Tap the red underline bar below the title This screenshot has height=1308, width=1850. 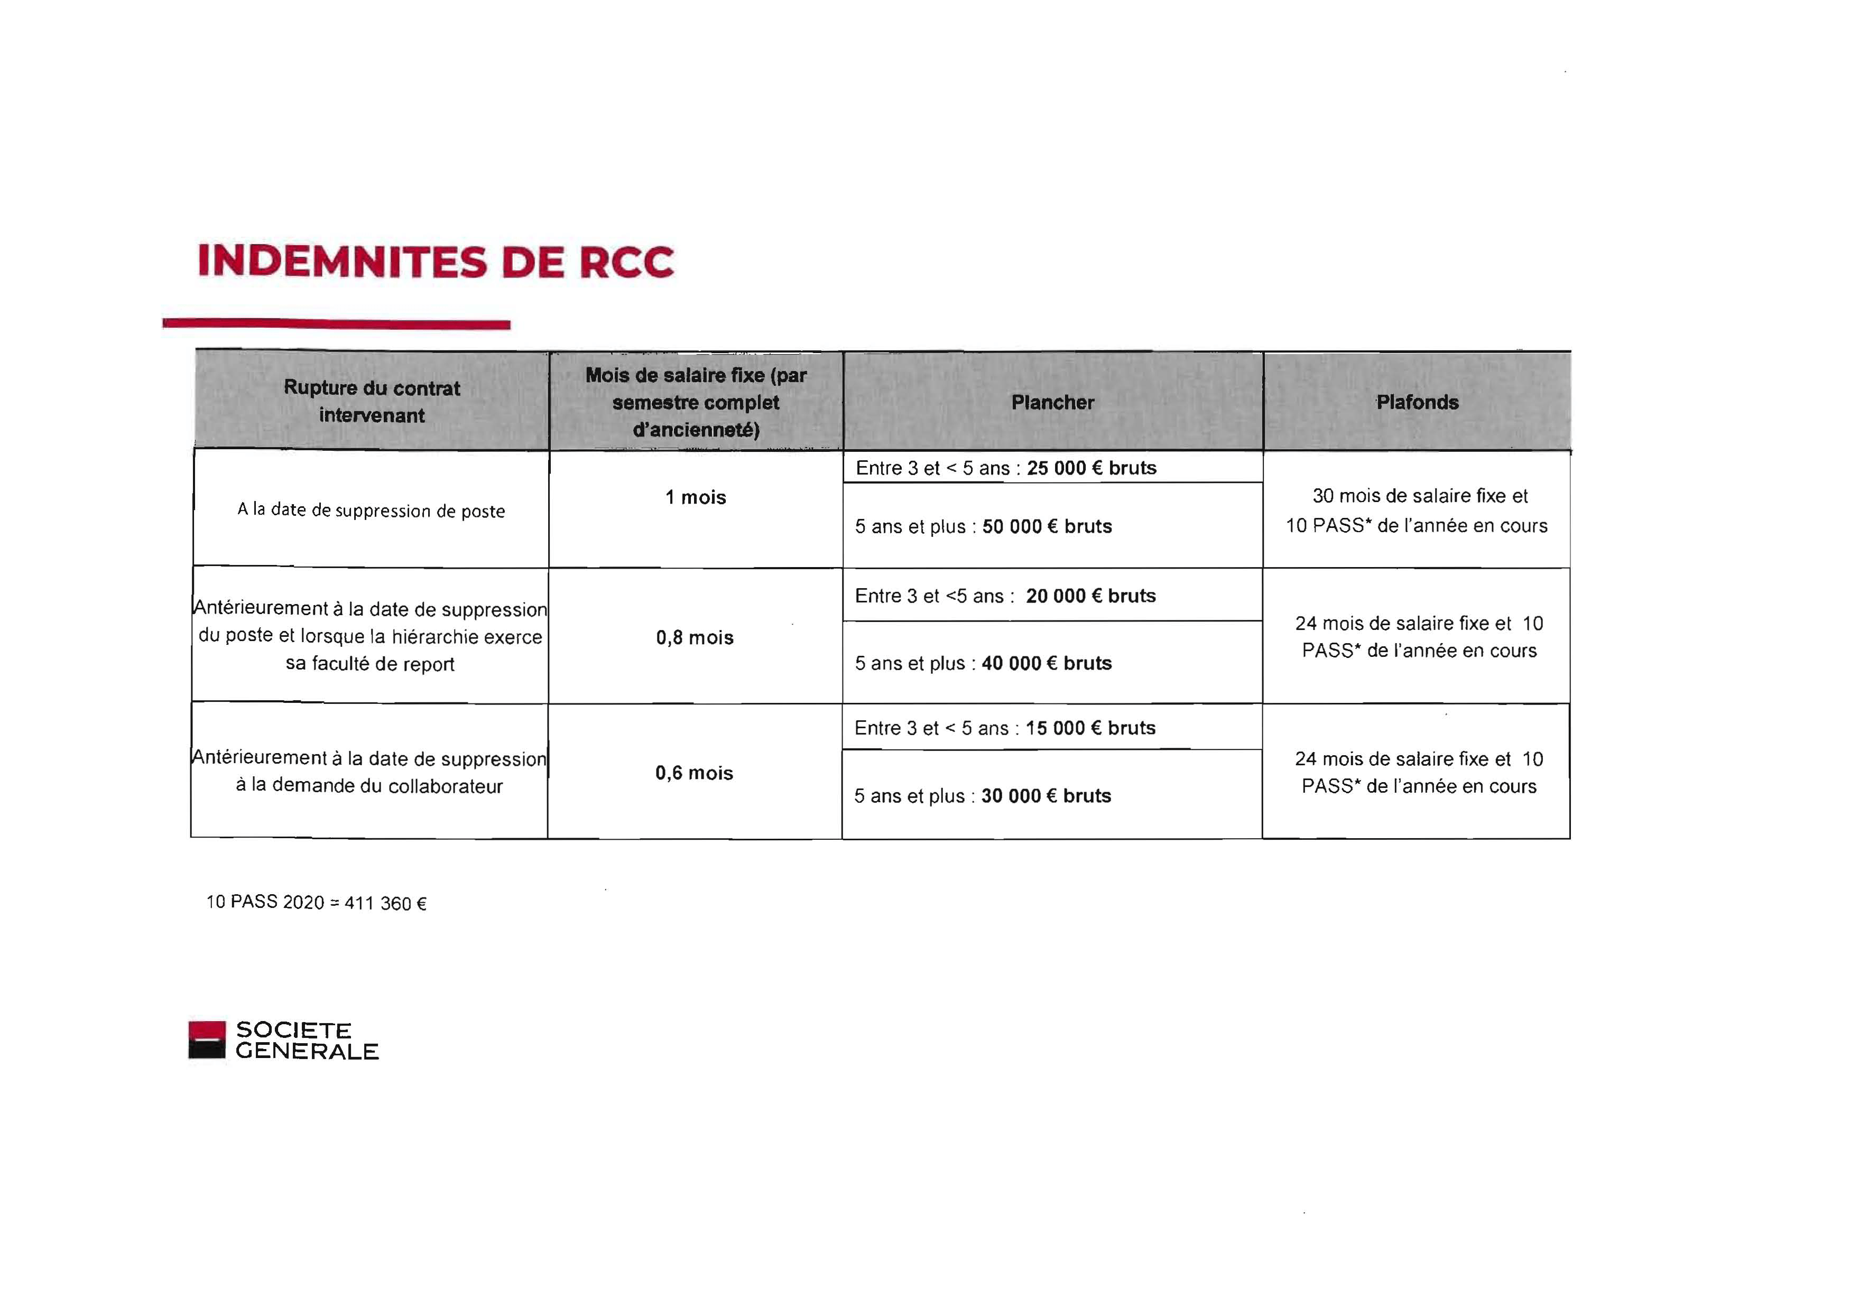(336, 324)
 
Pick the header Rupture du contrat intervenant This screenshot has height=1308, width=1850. (372, 401)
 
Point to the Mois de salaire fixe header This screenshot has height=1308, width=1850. (696, 402)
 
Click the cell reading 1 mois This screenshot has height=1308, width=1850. (696, 498)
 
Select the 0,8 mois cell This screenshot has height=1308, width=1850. (695, 638)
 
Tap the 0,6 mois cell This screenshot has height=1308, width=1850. (693, 773)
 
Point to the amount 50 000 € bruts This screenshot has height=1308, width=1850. (1047, 527)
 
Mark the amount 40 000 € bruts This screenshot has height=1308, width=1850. (1046, 664)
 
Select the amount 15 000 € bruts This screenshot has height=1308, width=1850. (1090, 728)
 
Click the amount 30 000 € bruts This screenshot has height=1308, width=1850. (1046, 796)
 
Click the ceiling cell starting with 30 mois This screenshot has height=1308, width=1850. (1417, 511)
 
